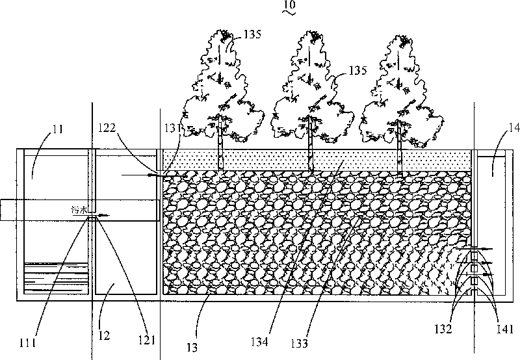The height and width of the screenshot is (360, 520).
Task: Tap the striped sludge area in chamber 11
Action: click(x=55, y=276)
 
